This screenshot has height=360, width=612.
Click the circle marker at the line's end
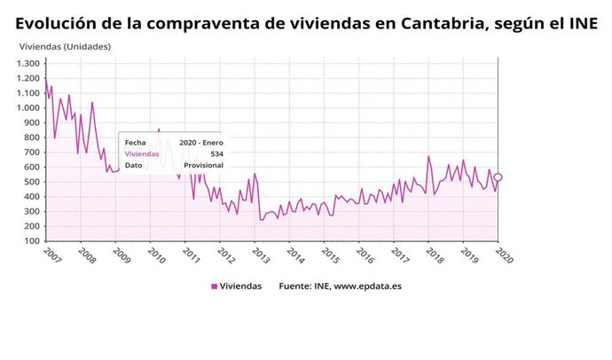(x=498, y=177)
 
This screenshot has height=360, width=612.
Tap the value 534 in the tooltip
(x=216, y=153)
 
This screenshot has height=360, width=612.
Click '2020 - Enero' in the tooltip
(x=200, y=142)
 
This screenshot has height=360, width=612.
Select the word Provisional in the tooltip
(x=204, y=165)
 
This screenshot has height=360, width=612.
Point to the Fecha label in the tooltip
(x=135, y=142)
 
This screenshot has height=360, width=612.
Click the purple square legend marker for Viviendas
(x=214, y=286)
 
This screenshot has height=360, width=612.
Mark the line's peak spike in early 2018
(x=428, y=157)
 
